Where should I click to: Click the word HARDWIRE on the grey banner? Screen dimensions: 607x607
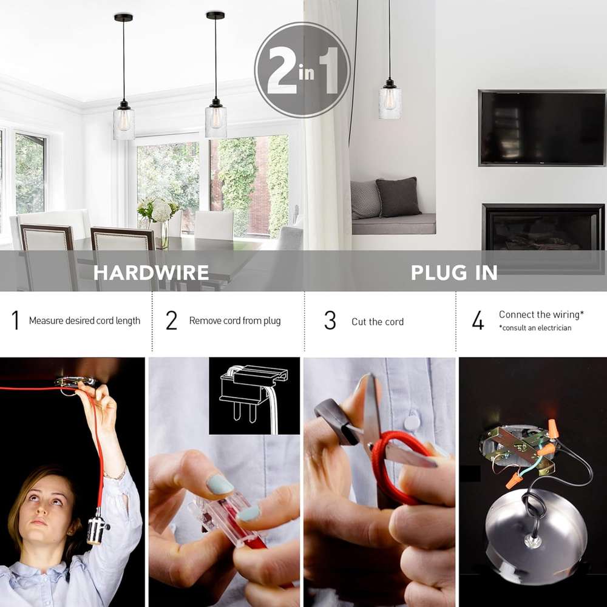pos(151,273)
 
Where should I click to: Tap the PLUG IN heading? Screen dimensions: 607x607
pos(454,273)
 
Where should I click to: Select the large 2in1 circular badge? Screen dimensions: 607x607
pos(302,70)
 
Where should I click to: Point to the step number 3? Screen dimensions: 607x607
pos(330,320)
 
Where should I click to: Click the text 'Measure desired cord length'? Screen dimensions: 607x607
pos(84,320)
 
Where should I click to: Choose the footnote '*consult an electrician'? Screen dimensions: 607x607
pos(535,328)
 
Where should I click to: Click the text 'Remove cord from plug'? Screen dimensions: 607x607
pos(234,320)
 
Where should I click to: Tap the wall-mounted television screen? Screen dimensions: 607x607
pos(542,128)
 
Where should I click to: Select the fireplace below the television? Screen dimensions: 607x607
pos(543,227)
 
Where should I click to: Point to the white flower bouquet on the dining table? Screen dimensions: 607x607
pos(158,211)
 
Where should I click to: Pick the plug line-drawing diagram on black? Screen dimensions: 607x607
pos(254,396)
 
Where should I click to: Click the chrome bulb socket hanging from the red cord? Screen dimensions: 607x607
pos(97,526)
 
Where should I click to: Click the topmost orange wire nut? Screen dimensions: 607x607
pos(552,430)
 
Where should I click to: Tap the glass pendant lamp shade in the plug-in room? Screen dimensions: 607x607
pos(390,103)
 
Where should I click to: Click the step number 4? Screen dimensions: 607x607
pos(478,320)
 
